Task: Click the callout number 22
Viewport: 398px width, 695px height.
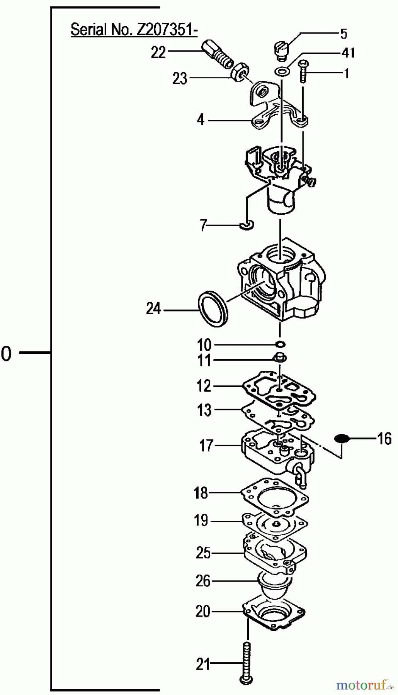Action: (x=158, y=52)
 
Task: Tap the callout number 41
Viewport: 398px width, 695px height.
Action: (x=349, y=52)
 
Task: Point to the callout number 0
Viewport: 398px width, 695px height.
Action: (x=6, y=354)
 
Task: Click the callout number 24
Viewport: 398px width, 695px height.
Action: (x=153, y=309)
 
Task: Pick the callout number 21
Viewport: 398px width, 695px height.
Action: (x=203, y=664)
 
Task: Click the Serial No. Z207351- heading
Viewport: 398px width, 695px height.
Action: (x=134, y=29)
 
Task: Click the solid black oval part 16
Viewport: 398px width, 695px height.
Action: (x=342, y=438)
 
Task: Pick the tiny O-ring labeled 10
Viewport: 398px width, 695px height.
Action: (x=281, y=344)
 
